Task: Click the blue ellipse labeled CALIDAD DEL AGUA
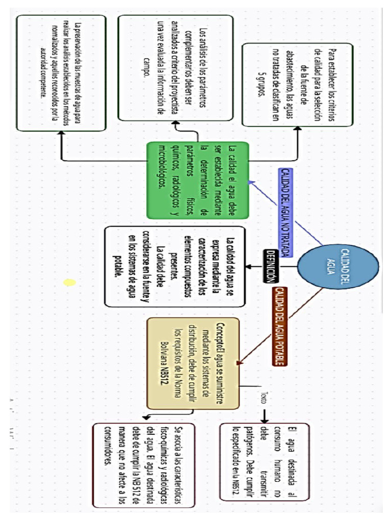pyautogui.click(x=337, y=262)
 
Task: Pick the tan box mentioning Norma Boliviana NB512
pyautogui.click(x=193, y=363)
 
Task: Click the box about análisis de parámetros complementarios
pyautogui.click(x=175, y=68)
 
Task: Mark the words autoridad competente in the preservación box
pyautogui.click(x=42, y=71)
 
